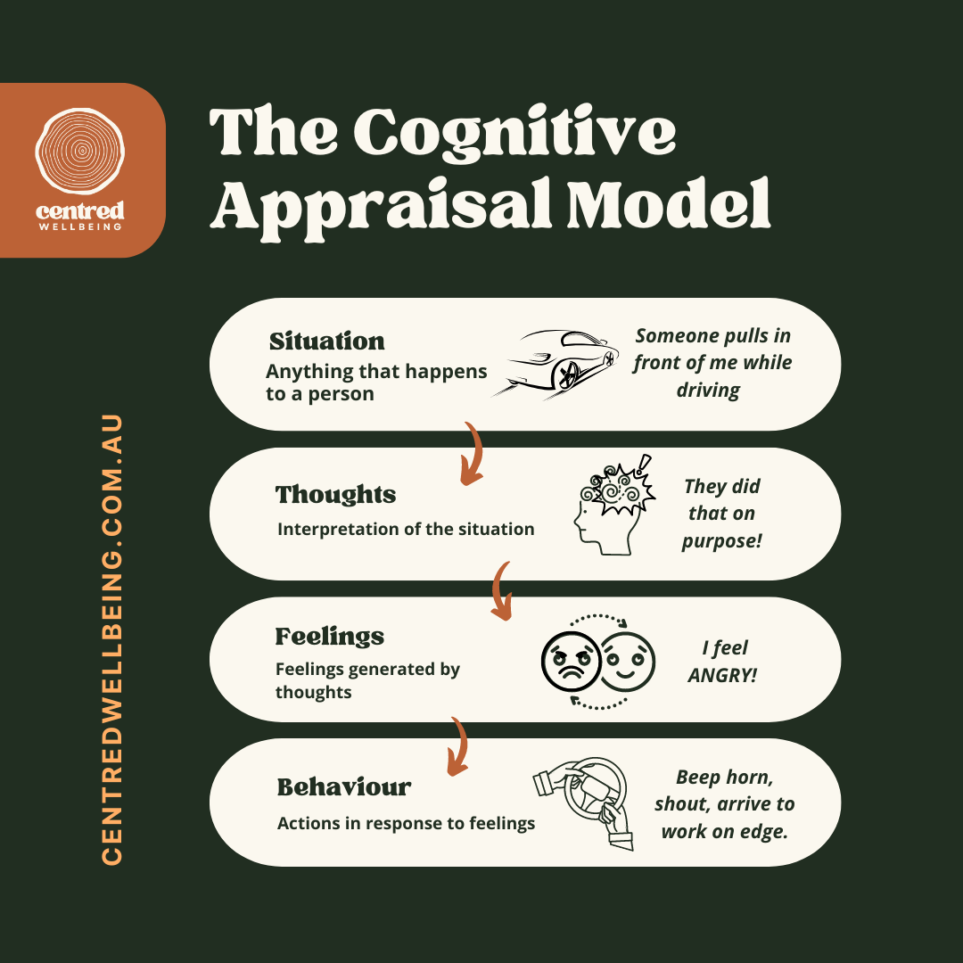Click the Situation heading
pyautogui.click(x=327, y=342)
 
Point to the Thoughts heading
pyautogui.click(x=335, y=495)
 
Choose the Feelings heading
pyautogui.click(x=330, y=637)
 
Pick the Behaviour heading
pyautogui.click(x=344, y=787)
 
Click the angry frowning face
pyautogui.click(x=570, y=661)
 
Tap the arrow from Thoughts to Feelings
pyautogui.click(x=503, y=590)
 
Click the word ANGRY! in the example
pyautogui.click(x=722, y=675)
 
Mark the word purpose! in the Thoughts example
pyautogui.click(x=722, y=540)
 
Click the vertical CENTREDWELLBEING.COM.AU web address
pyautogui.click(x=112, y=638)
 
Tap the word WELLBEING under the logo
pyautogui.click(x=82, y=226)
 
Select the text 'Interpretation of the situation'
pyautogui.click(x=406, y=529)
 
